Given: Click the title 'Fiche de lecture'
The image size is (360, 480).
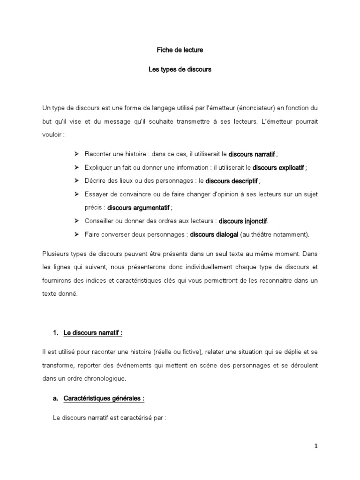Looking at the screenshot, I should (x=180, y=49).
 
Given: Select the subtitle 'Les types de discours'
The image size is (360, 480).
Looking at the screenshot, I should (x=180, y=69).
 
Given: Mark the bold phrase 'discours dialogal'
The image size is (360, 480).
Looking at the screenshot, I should (x=214, y=234).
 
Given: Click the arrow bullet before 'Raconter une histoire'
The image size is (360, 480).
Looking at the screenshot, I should (x=76, y=154).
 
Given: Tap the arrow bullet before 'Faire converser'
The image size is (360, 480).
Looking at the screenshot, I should (x=76, y=234).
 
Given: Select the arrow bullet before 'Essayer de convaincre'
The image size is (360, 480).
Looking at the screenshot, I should (x=76, y=194).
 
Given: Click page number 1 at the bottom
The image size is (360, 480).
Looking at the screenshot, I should (x=316, y=446).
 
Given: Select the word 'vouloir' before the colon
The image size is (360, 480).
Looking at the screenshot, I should (x=52, y=134).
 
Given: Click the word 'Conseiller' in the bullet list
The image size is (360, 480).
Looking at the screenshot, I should (x=98, y=221).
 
